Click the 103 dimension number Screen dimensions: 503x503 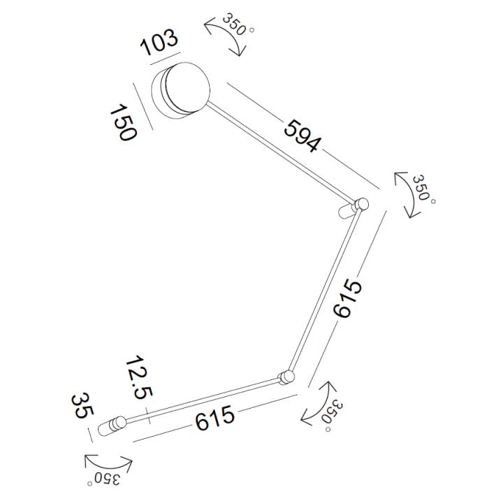pyautogui.click(x=159, y=43)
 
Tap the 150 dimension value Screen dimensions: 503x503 pyautogui.click(x=124, y=122)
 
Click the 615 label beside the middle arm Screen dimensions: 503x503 pyautogui.click(x=348, y=299)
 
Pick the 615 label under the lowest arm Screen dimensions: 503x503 pyautogui.click(x=215, y=417)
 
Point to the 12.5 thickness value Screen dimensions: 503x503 pyautogui.click(x=140, y=377)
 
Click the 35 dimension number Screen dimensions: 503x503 pyautogui.click(x=82, y=406)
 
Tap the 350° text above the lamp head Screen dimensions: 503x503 pyautogui.click(x=237, y=24)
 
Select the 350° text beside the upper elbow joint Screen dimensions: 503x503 pyautogui.click(x=423, y=189)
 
